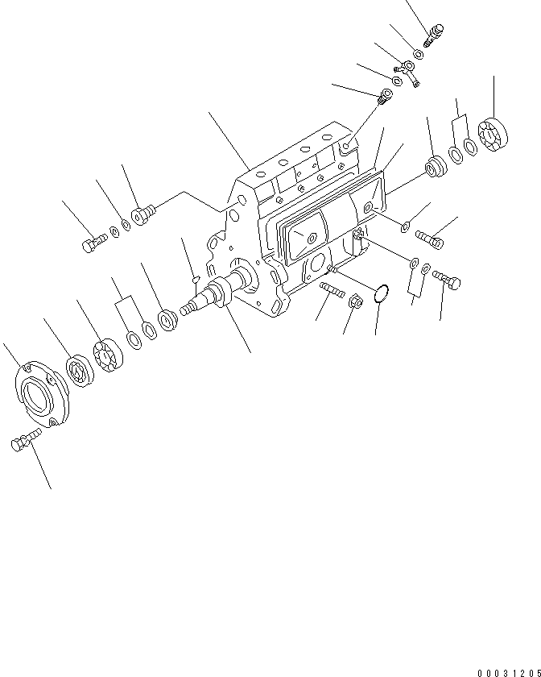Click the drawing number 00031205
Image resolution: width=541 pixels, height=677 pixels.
click(x=507, y=671)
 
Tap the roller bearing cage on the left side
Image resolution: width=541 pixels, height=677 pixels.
click(x=109, y=357)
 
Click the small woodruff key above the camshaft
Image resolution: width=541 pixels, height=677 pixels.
click(x=196, y=279)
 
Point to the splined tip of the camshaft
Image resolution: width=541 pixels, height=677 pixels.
click(x=187, y=309)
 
